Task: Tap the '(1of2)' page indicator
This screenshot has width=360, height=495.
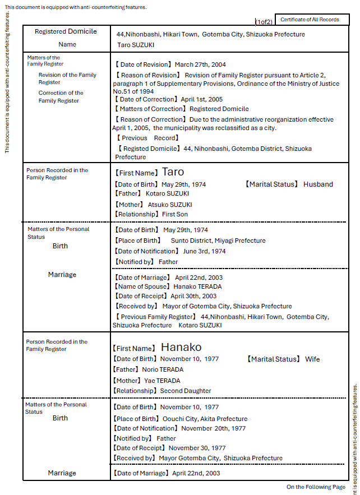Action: (264, 22)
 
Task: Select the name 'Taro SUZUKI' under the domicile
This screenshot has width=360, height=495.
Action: (136, 45)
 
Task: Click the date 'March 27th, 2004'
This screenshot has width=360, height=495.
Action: (200, 64)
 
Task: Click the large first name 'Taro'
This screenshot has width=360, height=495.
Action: (173, 172)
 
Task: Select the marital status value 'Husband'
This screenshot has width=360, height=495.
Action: (318, 184)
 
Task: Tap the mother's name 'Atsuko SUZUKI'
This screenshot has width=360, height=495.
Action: (170, 205)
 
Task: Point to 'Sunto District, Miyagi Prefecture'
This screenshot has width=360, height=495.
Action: (218, 240)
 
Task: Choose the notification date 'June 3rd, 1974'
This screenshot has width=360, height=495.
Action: (204, 251)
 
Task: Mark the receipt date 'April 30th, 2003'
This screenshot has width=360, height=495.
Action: (193, 296)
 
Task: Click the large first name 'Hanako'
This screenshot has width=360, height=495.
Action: (181, 347)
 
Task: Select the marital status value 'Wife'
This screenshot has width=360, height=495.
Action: (312, 359)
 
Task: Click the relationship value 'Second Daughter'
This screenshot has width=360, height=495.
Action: (186, 391)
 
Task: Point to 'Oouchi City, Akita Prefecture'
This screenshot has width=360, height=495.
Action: (205, 419)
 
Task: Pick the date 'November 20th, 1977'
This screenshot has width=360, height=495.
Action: (214, 428)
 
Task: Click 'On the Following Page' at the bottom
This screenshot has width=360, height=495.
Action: (316, 487)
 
